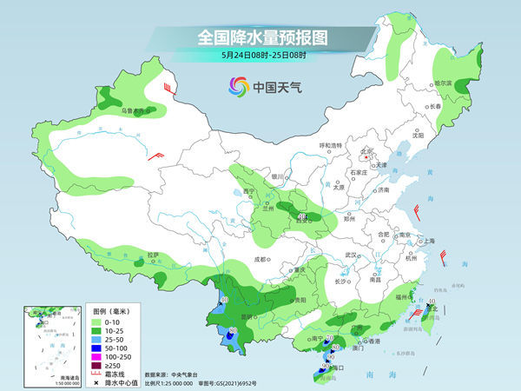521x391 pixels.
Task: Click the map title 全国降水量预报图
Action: click(260, 37)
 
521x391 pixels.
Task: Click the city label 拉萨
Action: click(154, 255)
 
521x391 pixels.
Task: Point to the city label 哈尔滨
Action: click(444, 83)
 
